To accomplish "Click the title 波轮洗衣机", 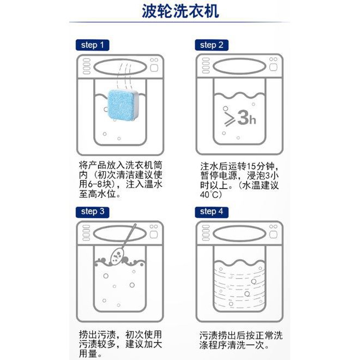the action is (x=180, y=11).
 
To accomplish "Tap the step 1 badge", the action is (x=92, y=45).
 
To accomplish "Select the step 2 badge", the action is (x=212, y=45).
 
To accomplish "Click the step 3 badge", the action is (x=92, y=212).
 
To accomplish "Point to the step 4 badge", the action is (x=212, y=212).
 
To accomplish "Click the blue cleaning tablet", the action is (x=123, y=105).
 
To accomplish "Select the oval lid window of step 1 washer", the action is (x=120, y=67).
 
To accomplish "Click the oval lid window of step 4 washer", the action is (x=239, y=234).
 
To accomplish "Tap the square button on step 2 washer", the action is (x=273, y=67).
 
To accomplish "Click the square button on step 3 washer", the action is (x=154, y=235).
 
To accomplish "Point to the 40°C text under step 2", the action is (x=211, y=195).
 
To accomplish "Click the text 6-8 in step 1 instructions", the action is (x=94, y=184).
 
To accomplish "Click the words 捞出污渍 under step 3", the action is (x=97, y=334).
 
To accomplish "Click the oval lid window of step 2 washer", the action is (x=239, y=67).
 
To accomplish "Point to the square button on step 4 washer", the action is (x=273, y=235).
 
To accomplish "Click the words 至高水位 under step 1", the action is (x=97, y=194).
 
